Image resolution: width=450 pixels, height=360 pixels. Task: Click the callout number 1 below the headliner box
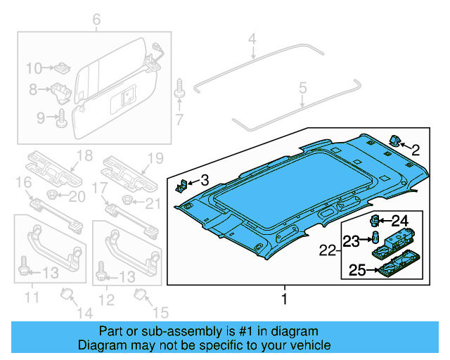tap(285, 300)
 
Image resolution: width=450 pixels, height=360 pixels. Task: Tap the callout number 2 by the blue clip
tap(416, 149)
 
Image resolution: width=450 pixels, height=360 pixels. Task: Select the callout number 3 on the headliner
tap(204, 181)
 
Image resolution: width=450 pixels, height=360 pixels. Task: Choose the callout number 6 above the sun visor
tap(96, 18)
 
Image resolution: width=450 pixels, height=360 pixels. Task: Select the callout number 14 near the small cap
tap(83, 313)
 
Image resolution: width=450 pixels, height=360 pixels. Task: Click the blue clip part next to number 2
tap(395, 140)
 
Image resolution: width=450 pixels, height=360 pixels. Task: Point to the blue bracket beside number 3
tap(180, 186)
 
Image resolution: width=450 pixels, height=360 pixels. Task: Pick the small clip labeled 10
tap(63, 67)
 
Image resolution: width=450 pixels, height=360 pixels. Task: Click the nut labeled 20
tap(53, 194)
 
